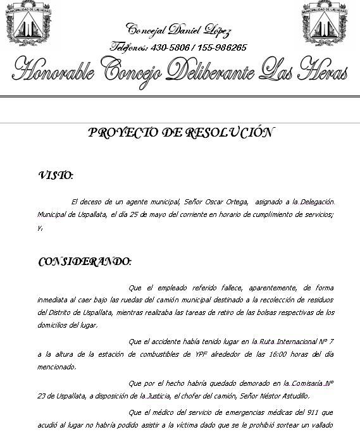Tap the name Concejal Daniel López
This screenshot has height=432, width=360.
(179, 30)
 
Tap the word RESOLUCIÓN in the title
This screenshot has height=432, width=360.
(228, 132)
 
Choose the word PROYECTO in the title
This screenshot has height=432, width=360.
(123, 132)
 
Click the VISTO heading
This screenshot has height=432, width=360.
(56, 175)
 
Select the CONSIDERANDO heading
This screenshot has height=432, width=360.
(85, 261)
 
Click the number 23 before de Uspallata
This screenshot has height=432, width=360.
(42, 397)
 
